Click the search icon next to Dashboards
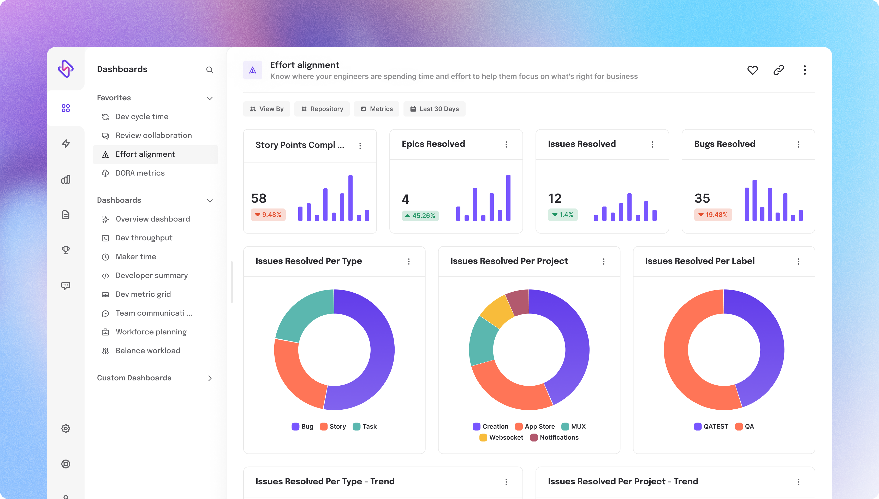pos(210,70)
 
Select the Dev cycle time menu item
pos(142,117)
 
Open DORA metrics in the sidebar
pos(140,173)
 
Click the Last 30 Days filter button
pos(434,109)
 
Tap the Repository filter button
pos(322,109)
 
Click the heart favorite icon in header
pos(752,70)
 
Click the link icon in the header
pos(778,70)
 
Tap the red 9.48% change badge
pos(268,214)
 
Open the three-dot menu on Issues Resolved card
pos(652,144)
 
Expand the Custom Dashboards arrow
pos(210,378)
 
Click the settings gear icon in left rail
pos(66,428)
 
